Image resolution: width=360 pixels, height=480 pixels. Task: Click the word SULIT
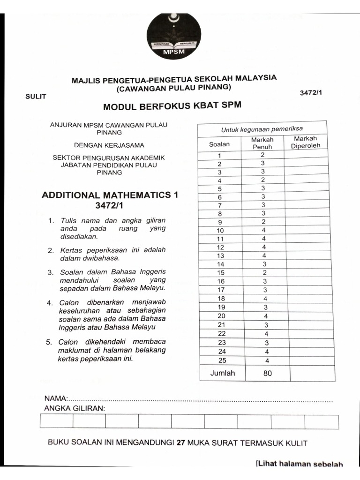[x=36, y=96]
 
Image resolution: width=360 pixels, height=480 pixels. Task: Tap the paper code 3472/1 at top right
[x=311, y=92]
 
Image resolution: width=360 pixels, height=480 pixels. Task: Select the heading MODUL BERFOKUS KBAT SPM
[x=172, y=106]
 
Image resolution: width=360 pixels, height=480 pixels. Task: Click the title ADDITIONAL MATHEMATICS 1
[x=110, y=195]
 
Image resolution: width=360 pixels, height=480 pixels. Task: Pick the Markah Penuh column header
[x=262, y=143]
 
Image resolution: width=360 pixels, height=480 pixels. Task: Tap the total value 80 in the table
[x=268, y=374]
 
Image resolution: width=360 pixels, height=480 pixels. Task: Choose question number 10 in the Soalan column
[x=220, y=230]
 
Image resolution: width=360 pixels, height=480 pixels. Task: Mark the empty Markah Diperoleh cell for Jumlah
[x=312, y=373]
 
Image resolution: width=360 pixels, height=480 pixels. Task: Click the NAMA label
[x=56, y=398]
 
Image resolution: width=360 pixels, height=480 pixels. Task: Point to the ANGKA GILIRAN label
[x=74, y=408]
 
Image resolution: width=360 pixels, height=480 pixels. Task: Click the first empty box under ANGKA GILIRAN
[x=56, y=421]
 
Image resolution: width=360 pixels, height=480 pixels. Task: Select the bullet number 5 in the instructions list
[x=49, y=342]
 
